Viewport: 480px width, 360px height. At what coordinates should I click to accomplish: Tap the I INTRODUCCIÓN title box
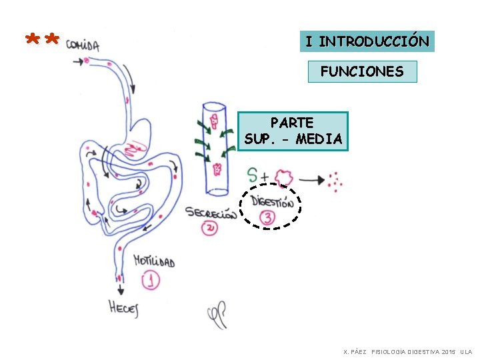[367, 41]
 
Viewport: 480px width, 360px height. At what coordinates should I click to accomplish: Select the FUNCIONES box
[362, 71]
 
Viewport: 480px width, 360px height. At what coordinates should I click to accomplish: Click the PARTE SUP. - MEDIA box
[293, 131]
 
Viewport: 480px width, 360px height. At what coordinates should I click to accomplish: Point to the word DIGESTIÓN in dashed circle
[272, 201]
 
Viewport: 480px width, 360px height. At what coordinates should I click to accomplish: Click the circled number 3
[267, 217]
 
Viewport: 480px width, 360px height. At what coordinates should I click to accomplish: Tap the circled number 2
[210, 228]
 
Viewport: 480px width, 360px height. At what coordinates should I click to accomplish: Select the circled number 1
[151, 281]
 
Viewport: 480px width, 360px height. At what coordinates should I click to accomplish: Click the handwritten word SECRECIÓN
[211, 213]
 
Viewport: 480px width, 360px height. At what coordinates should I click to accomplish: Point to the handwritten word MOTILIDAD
[154, 261]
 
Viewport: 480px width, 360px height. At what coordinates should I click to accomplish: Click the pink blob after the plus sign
[284, 177]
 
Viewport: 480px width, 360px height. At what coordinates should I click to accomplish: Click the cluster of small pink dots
[336, 181]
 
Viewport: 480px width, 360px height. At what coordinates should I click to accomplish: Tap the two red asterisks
[41, 41]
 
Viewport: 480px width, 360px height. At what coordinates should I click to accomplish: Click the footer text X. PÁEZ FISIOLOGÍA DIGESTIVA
[407, 351]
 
